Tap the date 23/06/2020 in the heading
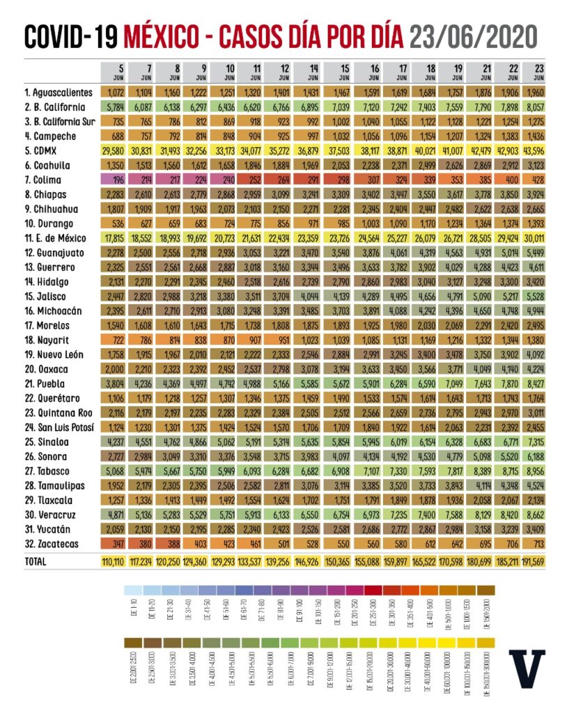click(x=474, y=36)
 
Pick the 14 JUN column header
click(x=309, y=72)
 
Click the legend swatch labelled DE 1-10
click(x=130, y=590)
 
